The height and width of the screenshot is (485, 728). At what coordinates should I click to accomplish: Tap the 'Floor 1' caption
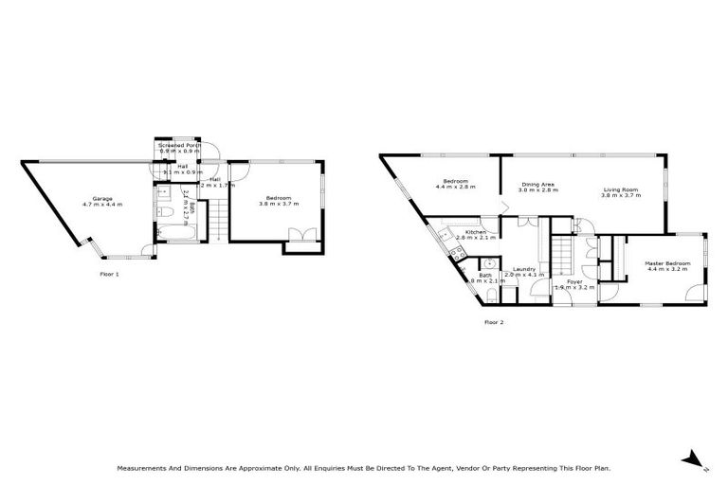coord(110,274)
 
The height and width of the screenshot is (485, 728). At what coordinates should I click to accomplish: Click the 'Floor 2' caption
coord(494,322)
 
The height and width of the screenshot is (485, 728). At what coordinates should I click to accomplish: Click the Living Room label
coord(621,190)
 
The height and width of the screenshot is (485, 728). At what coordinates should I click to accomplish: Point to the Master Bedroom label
coord(667,262)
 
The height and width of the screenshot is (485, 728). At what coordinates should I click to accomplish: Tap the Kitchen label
coord(475,232)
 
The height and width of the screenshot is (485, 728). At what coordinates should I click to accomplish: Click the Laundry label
coord(524,269)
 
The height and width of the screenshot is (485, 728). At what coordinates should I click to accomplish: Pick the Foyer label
coord(574,281)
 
